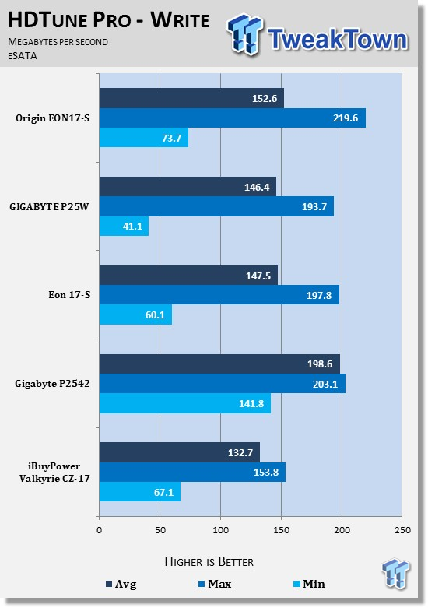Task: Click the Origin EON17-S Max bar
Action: point(233,118)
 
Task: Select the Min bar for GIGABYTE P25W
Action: point(124,226)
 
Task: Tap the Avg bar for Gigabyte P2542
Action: point(219,364)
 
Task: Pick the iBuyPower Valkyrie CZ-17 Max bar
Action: point(193,473)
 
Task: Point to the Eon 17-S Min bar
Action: point(135,315)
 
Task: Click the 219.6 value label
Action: point(346,118)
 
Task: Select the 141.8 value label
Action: point(251,404)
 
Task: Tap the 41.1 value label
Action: point(132,226)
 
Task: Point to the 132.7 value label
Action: point(240,452)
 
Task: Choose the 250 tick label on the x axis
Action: point(402,530)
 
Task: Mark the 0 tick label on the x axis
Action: point(100,530)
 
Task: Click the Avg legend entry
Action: point(121,584)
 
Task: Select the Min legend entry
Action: point(309,584)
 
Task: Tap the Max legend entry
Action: point(215,584)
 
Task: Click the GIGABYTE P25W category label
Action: point(49,206)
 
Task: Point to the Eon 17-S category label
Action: point(69,295)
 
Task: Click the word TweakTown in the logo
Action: point(338,39)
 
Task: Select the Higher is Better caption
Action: point(209,562)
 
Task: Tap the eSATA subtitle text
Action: point(23,56)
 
